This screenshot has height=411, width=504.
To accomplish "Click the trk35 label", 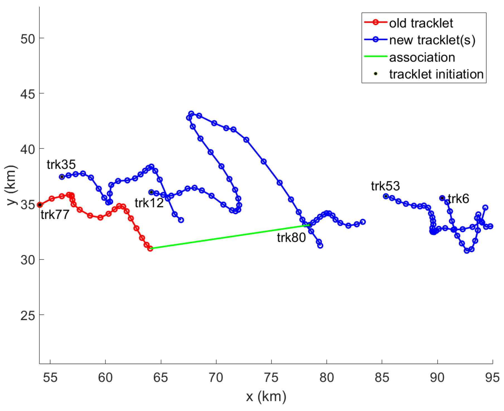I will pyautogui.click(x=61, y=165).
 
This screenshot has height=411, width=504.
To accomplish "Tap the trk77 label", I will pyautogui.click(x=55, y=215).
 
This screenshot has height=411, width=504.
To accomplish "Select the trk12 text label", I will pyautogui.click(x=149, y=203).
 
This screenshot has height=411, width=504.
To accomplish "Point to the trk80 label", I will pyautogui.click(x=291, y=237).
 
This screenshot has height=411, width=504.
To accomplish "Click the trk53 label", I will pyautogui.click(x=385, y=186).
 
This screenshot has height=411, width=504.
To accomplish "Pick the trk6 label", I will pyautogui.click(x=458, y=199).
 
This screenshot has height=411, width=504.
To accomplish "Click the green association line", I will pyautogui.click(x=229, y=237).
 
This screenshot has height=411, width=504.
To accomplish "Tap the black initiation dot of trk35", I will pyautogui.click(x=62, y=177).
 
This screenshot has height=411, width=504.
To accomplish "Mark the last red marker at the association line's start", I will pyautogui.click(x=150, y=248).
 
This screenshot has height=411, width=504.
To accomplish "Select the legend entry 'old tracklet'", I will pyautogui.click(x=421, y=23).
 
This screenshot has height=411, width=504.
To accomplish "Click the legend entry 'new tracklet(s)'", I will pyautogui.click(x=432, y=40).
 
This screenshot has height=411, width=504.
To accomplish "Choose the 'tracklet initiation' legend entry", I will pyautogui.click(x=436, y=74).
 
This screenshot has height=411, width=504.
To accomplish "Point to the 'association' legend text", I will pyautogui.click(x=422, y=57).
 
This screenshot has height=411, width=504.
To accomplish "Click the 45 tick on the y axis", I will pyautogui.click(x=28, y=94).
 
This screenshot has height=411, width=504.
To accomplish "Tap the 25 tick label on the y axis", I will pyautogui.click(x=28, y=316).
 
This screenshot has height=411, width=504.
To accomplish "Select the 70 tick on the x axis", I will pyautogui.click(x=216, y=378).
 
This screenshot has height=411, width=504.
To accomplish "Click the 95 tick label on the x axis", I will pyautogui.click(x=492, y=378).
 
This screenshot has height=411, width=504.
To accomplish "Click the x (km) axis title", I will pyautogui.click(x=266, y=396).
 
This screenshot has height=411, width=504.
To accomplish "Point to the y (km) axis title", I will pyautogui.click(x=11, y=185).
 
